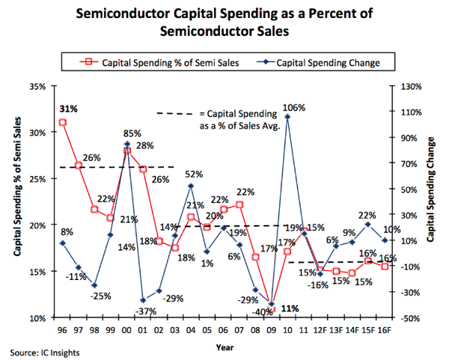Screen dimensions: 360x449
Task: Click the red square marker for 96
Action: click(62, 122)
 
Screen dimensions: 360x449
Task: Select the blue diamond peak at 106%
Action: click(287, 117)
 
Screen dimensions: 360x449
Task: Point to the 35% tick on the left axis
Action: click(35, 86)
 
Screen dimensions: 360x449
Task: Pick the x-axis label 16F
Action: click(385, 329)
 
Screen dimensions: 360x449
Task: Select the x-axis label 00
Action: click(127, 329)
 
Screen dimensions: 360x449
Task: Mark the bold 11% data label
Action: click(290, 308)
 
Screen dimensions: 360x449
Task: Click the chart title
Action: click(224, 22)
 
